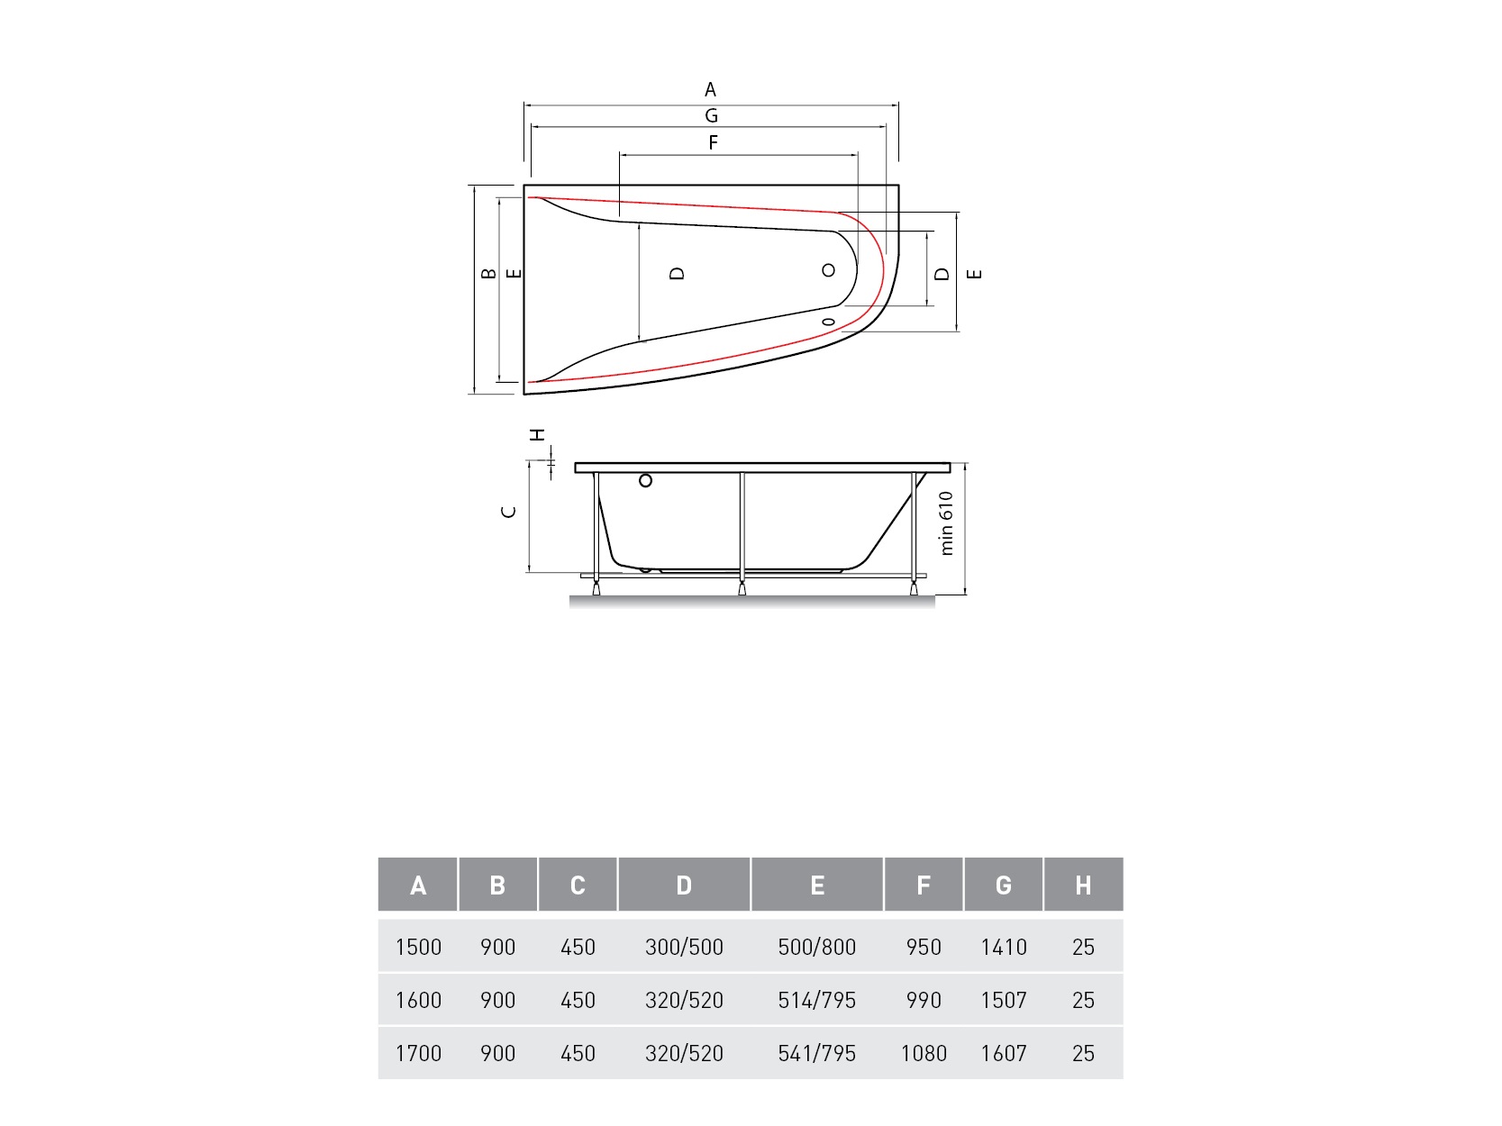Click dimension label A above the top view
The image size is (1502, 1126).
710,90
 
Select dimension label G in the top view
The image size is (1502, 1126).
711,116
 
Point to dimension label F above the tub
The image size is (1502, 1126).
713,143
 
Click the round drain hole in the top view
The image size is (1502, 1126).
828,270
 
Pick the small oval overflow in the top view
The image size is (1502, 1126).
829,322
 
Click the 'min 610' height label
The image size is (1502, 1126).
946,523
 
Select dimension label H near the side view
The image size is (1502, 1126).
538,435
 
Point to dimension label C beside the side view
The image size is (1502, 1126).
509,512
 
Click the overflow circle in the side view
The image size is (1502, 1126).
645,481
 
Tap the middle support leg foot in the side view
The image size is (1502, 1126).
742,589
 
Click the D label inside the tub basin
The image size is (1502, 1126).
678,274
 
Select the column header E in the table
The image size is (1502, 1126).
817,885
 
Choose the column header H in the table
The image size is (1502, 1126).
1083,885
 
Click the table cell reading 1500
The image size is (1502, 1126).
418,947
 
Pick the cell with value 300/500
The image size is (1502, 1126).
684,947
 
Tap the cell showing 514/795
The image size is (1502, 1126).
817,1000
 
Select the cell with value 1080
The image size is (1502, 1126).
924,1053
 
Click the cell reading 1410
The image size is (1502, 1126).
1004,947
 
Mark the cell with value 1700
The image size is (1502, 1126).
418,1053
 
